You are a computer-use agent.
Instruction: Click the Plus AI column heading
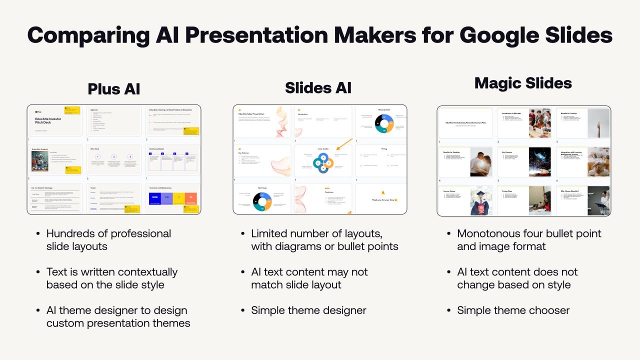coord(114,88)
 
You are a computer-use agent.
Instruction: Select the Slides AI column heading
coord(318,87)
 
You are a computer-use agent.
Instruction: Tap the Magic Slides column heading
coord(523,83)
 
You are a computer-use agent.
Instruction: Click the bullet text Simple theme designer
coord(308,310)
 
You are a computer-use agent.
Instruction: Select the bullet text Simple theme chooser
coord(513,310)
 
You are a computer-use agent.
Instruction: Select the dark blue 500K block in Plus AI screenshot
coord(155,198)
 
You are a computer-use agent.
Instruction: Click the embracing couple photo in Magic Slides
coord(480,162)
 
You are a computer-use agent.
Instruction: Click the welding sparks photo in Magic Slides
coord(539,162)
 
